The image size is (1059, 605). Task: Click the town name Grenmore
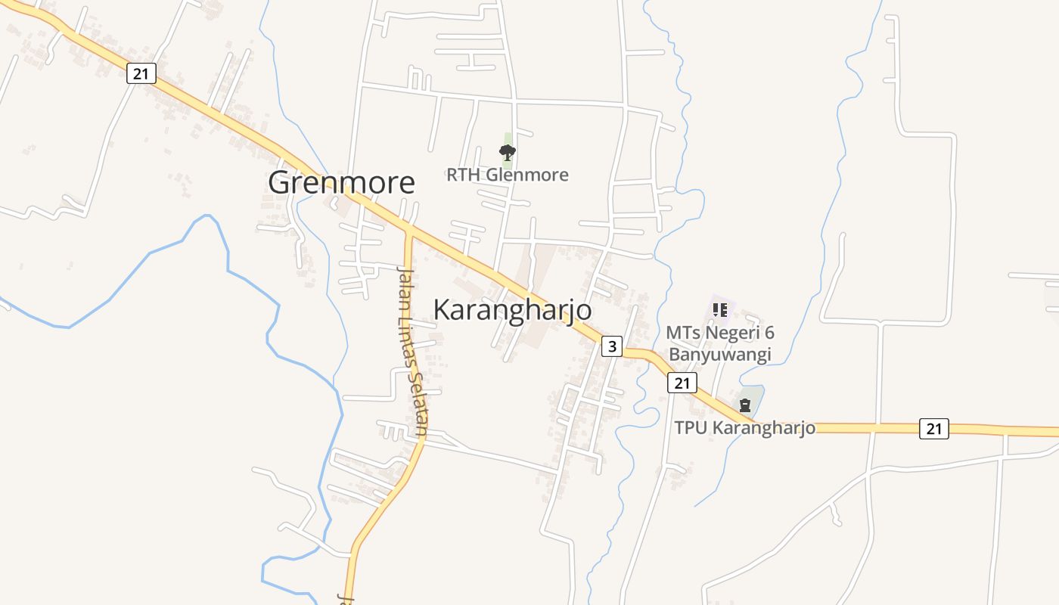pyautogui.click(x=341, y=183)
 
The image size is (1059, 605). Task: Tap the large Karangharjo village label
pyautogui.click(x=512, y=310)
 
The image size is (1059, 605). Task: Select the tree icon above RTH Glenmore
pyautogui.click(x=508, y=153)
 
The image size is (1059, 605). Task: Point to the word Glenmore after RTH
pyautogui.click(x=526, y=175)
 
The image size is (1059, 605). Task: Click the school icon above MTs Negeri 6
pyautogui.click(x=719, y=310)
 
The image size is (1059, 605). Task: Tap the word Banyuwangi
pyautogui.click(x=719, y=355)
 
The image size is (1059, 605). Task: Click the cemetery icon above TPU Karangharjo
pyautogui.click(x=745, y=405)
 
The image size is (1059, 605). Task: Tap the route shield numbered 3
pyautogui.click(x=611, y=347)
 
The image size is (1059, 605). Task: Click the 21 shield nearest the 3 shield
pyautogui.click(x=682, y=383)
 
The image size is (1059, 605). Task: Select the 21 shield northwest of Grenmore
pyautogui.click(x=141, y=73)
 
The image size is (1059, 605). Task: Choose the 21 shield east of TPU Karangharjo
pyautogui.click(x=933, y=429)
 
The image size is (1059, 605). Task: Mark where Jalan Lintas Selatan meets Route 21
pyautogui.click(x=408, y=229)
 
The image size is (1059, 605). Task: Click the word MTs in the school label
pyautogui.click(x=682, y=333)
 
